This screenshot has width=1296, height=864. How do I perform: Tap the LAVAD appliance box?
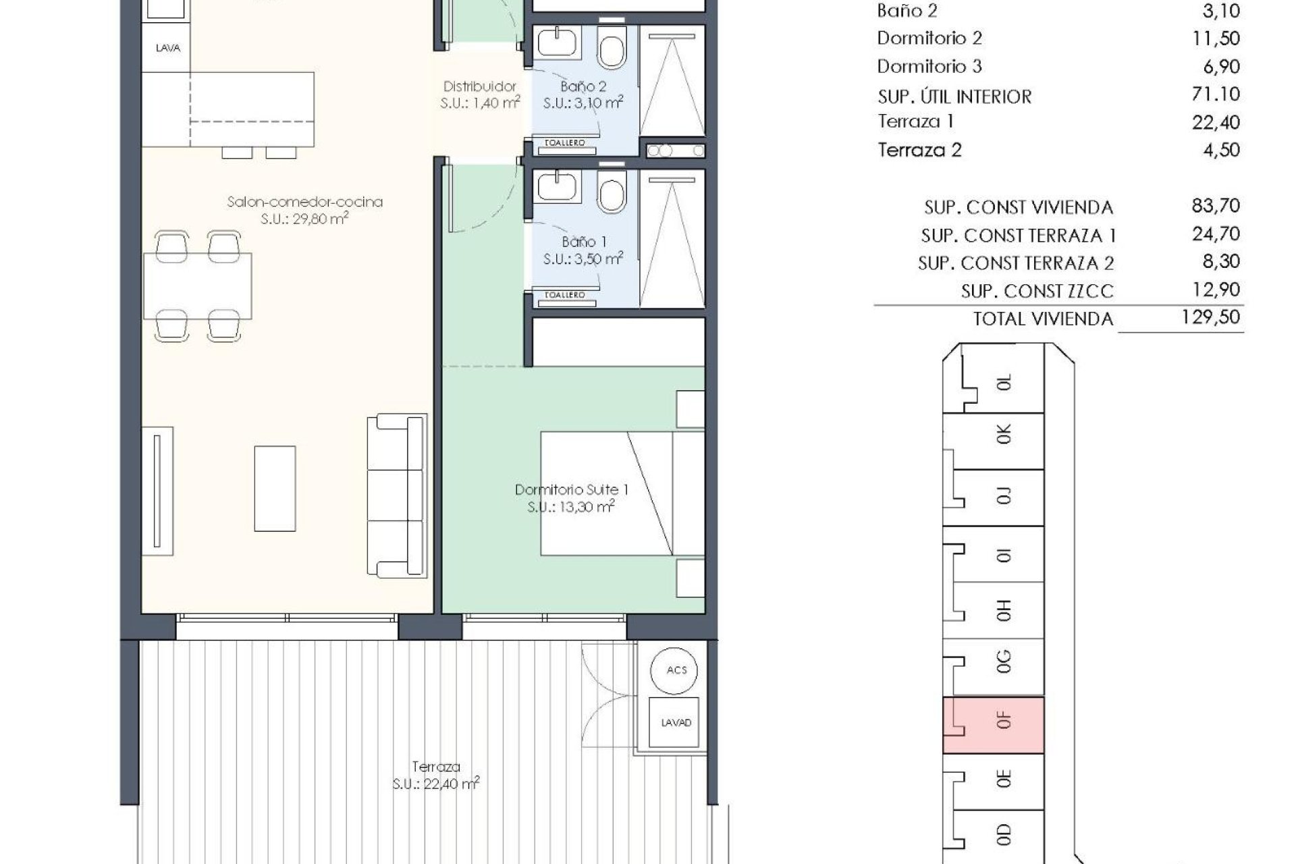coord(676,722)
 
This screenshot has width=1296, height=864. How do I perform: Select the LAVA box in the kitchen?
coord(167,49)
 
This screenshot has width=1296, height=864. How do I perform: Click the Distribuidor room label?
coord(480,86)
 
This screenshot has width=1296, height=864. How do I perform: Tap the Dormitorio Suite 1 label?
coord(571,490)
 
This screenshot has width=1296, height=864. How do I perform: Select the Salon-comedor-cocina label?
coord(305,202)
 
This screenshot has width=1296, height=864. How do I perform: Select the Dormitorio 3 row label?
coord(929,66)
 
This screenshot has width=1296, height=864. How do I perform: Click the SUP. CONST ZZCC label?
coord(1037,292)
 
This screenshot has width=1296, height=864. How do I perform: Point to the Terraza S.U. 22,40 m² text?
coord(436,784)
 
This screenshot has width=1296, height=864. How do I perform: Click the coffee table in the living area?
coord(275,488)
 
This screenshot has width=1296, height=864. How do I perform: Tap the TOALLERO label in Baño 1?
coord(564,295)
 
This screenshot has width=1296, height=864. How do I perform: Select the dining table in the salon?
coord(198,286)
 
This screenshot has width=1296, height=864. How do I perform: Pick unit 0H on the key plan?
coord(1004,611)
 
